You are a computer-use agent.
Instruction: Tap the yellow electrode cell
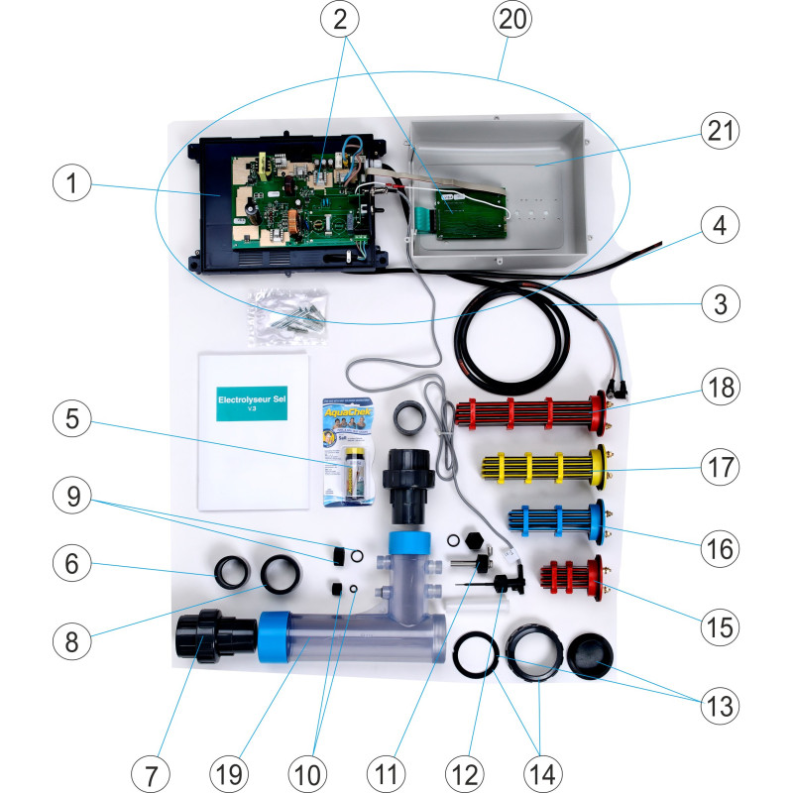(x=540, y=464)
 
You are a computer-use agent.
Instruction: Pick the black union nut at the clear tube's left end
(x=204, y=636)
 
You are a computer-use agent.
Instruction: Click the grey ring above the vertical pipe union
(x=409, y=417)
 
